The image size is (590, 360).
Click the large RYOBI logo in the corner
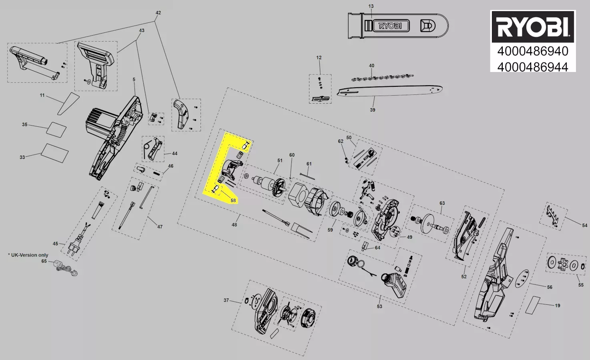tap(533, 26)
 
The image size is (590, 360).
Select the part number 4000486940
tap(533, 51)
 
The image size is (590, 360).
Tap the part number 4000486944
tap(533, 67)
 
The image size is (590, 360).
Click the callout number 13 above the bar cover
tap(371, 6)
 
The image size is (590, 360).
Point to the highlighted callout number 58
tap(233, 200)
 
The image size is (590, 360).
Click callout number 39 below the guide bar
tap(372, 110)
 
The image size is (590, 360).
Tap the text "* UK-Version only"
tap(28, 255)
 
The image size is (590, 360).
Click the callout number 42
tap(158, 13)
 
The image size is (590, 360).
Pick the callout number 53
tap(379, 306)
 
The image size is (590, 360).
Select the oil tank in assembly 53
tap(394, 285)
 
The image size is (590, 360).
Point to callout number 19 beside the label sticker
tap(557, 306)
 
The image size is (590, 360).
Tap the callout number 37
tap(226, 300)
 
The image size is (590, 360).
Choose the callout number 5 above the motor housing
tap(134, 79)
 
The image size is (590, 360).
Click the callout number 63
tap(442, 203)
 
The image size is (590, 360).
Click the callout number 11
tap(42, 95)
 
